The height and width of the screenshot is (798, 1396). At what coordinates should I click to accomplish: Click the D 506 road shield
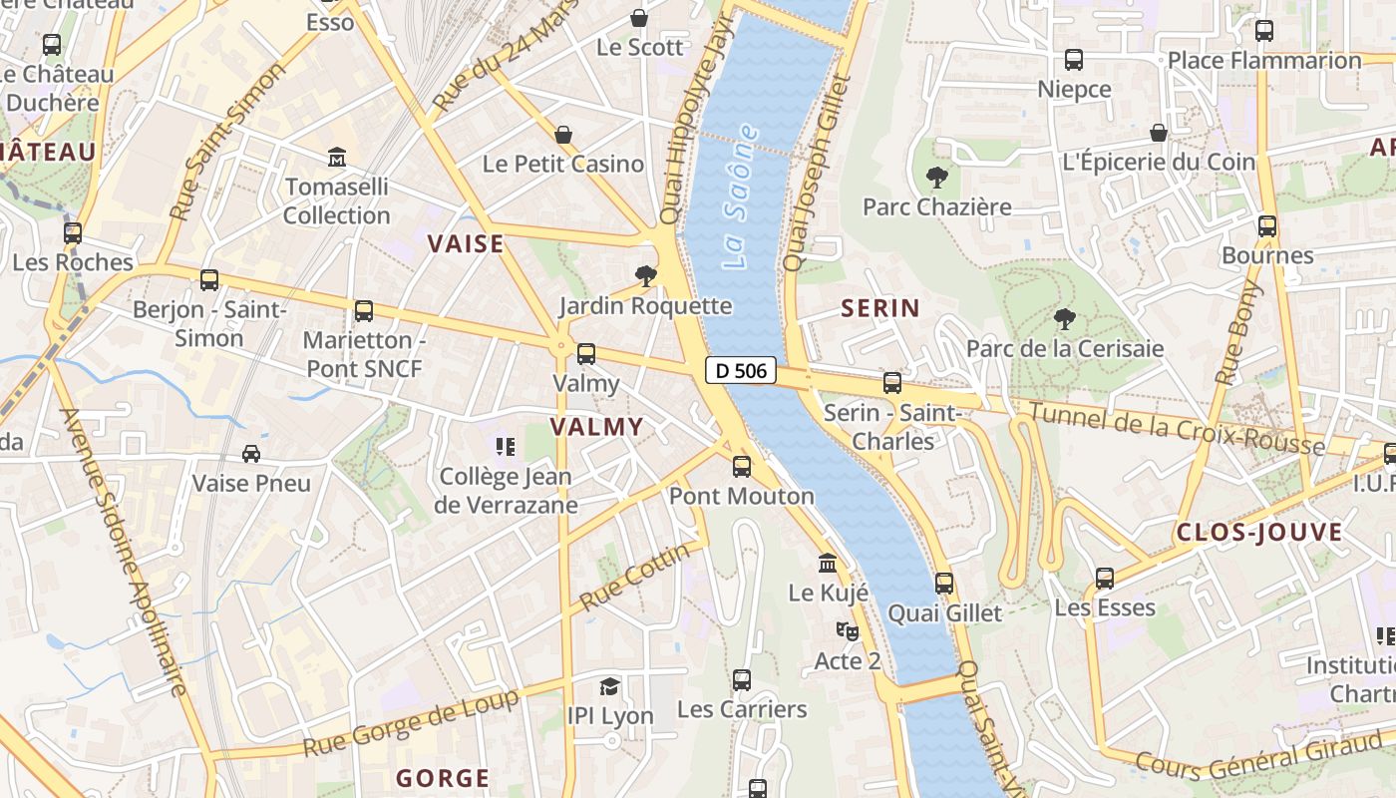[741, 371]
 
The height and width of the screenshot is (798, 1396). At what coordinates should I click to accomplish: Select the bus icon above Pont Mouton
[742, 466]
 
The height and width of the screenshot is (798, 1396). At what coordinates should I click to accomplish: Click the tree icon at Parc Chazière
[936, 178]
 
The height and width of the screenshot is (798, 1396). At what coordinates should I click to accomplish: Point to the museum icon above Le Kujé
[828, 564]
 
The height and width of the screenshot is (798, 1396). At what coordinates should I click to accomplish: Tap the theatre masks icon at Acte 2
[847, 630]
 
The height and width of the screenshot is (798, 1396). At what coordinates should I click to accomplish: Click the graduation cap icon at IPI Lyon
[609, 686]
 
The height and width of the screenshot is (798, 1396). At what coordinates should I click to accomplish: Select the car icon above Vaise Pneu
[251, 454]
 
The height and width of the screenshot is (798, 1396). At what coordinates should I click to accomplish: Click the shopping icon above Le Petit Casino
[563, 134]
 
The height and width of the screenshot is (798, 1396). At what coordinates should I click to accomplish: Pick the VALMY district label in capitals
[596, 427]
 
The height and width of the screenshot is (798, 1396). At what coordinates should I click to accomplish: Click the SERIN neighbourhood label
[880, 308]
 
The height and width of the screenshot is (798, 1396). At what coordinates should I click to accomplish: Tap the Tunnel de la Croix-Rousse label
[1177, 428]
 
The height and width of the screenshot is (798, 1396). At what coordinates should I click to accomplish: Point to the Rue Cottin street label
[634, 578]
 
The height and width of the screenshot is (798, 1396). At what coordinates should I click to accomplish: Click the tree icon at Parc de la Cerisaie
[1064, 319]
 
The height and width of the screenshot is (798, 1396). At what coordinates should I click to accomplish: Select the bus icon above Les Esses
[1105, 579]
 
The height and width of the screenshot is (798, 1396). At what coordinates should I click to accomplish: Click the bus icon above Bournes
[1267, 226]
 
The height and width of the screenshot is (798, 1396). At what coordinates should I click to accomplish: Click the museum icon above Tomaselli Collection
[337, 158]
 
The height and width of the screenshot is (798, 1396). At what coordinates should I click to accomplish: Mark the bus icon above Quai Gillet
[944, 584]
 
